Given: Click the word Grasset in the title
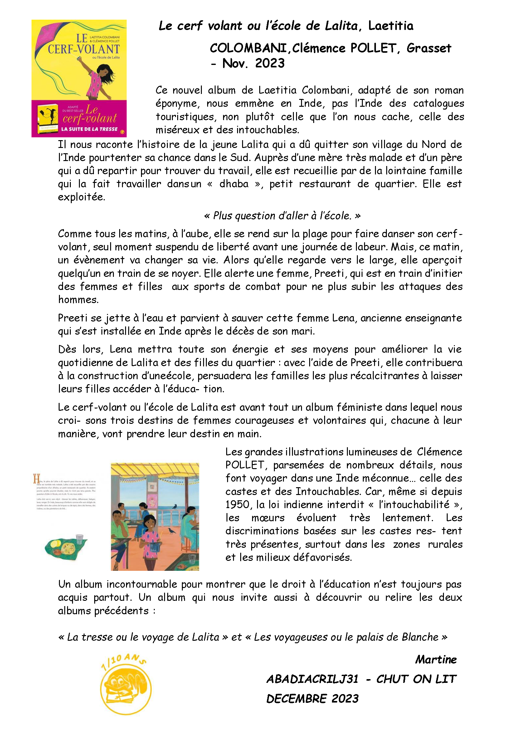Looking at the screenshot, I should (x=429, y=48).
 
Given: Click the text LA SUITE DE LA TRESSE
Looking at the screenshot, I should (x=89, y=129).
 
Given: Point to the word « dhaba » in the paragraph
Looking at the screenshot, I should (x=234, y=184).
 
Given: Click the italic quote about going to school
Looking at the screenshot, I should (x=282, y=216).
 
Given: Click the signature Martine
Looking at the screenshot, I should (x=436, y=660).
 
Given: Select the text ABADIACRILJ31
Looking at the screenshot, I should (x=312, y=679).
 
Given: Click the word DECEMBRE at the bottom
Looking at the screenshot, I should (x=296, y=699).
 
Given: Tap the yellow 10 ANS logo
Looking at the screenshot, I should (x=126, y=687).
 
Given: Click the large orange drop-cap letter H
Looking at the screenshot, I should (x=37, y=479).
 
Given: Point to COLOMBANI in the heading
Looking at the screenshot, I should (x=248, y=48).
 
